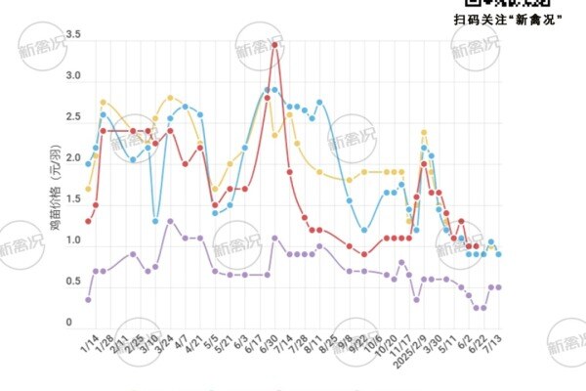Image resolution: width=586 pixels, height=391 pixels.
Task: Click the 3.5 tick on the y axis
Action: pyautogui.click(x=72, y=35)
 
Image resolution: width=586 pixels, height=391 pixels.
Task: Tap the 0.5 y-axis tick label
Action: pyautogui.click(x=72, y=282)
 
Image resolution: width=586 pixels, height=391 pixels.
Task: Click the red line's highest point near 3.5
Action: pyautogui.click(x=275, y=44)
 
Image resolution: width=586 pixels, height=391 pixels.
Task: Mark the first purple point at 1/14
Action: pyautogui.click(x=88, y=300)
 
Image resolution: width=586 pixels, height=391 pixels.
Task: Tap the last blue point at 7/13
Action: pyautogui.click(x=499, y=254)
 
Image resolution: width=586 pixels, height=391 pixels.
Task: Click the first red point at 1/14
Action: pyautogui.click(x=88, y=221)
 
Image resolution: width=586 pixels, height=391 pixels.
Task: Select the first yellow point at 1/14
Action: pyautogui.click(x=88, y=189)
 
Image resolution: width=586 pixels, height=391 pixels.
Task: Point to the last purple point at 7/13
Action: pyautogui.click(x=499, y=286)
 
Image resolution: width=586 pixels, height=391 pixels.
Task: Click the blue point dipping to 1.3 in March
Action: pyautogui.click(x=155, y=221)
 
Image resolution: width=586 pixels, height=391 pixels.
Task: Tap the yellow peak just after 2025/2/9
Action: pyautogui.click(x=424, y=132)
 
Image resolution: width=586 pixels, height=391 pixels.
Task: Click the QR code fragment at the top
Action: pyautogui.click(x=517, y=4)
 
